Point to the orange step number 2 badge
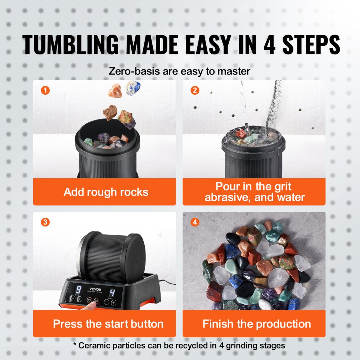click(194, 90)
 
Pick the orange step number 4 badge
click(194, 222)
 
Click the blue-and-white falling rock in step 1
click(132, 88)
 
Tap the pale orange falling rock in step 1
click(115, 90)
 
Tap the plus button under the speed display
click(114, 302)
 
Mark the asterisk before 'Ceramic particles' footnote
click(75, 345)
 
